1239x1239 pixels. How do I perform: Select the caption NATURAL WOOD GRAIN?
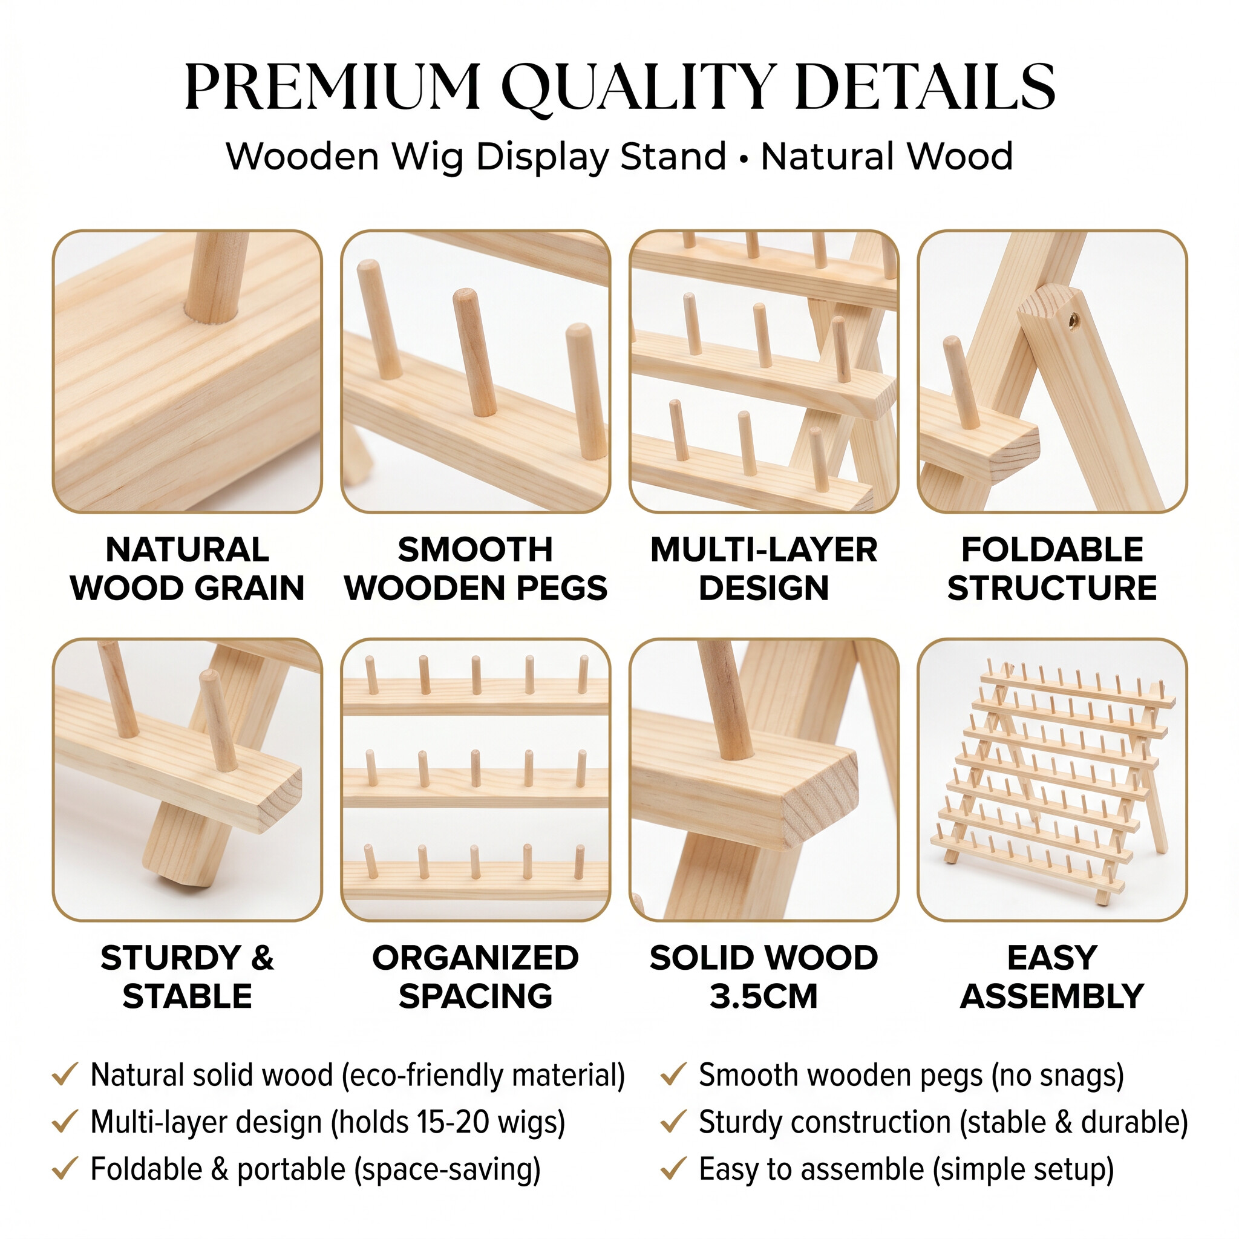[x=188, y=569]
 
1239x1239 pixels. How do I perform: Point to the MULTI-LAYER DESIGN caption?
[x=764, y=569]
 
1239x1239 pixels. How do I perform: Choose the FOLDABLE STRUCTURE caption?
[x=1053, y=569]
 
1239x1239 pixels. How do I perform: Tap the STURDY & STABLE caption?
[x=188, y=976]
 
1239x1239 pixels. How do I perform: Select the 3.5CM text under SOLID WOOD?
[x=764, y=996]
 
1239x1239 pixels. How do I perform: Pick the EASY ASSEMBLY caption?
[x=1053, y=976]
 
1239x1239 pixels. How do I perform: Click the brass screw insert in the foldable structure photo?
[x=1073, y=319]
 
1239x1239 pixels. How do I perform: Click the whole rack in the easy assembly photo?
[x=1053, y=782]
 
